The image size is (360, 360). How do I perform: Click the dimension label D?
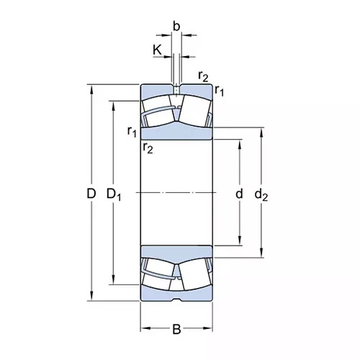point(91,194)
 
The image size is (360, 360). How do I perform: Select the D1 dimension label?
point(114,194)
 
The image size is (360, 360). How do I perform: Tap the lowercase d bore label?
point(239,194)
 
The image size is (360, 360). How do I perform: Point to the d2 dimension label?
point(261,194)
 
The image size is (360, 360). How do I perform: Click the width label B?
point(176,329)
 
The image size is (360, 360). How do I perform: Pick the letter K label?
point(157,50)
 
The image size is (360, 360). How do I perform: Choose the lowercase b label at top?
point(176,27)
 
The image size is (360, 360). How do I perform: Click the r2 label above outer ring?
point(203,76)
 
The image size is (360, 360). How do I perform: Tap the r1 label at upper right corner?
point(219,91)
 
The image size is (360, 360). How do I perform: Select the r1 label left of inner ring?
point(132,132)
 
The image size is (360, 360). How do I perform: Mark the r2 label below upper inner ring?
point(148,148)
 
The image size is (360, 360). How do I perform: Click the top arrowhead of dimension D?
point(91,89)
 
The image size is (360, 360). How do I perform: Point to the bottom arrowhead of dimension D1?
point(113,280)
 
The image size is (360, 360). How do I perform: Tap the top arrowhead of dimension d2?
point(261,132)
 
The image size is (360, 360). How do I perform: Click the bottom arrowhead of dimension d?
point(240,240)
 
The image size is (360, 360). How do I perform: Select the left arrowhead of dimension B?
point(145,328)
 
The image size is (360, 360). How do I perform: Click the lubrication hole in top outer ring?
point(176,89)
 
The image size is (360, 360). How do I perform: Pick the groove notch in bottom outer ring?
point(176,299)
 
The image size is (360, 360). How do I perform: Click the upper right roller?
point(195,111)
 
